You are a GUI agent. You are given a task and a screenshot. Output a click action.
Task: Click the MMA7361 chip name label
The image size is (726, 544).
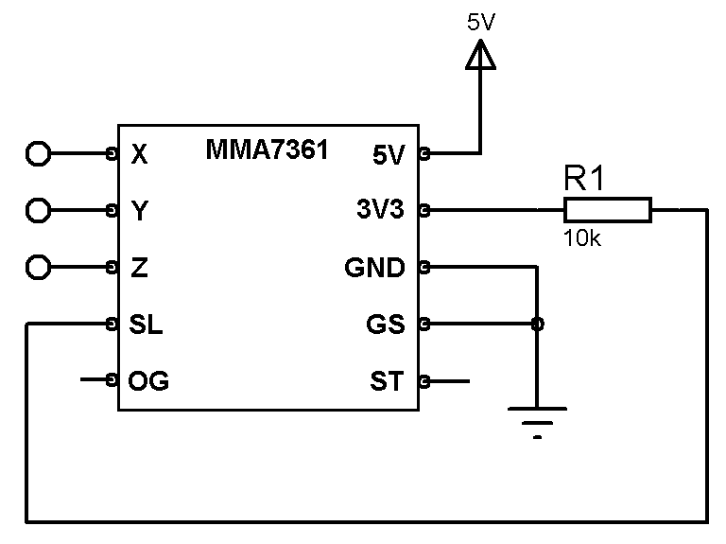pyautogui.click(x=267, y=149)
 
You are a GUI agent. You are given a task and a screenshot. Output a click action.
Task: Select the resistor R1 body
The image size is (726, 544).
pyautogui.click(x=608, y=210)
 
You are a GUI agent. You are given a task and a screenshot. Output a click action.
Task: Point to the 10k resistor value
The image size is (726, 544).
pyautogui.click(x=582, y=238)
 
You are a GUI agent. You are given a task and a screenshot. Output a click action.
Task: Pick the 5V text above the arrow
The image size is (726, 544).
pyautogui.click(x=481, y=22)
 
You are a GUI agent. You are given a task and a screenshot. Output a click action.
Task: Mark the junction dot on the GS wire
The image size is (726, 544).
pyautogui.click(x=537, y=325)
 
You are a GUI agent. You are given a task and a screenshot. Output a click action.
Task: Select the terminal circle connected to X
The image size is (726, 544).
pyautogui.click(x=38, y=152)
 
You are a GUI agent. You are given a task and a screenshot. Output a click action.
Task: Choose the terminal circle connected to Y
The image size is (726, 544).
pyautogui.click(x=38, y=210)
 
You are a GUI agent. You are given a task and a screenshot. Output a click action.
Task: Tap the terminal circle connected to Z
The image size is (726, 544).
pyautogui.click(x=38, y=268)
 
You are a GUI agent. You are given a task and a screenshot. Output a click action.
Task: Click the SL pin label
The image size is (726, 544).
pyautogui.click(x=146, y=325)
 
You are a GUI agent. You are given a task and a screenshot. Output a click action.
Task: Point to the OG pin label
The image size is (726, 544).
pyautogui.click(x=148, y=382)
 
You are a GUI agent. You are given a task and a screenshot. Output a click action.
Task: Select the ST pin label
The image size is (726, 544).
pyautogui.click(x=387, y=382)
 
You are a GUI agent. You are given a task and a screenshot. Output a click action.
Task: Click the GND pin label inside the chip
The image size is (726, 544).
pyautogui.click(x=374, y=269)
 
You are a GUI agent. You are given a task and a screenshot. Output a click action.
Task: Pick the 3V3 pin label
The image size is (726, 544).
pyautogui.click(x=380, y=210)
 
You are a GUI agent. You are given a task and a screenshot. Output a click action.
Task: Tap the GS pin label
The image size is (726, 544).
pyautogui.click(x=385, y=325)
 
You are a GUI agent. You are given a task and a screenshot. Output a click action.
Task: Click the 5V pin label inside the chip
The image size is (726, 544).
pyautogui.click(x=387, y=153)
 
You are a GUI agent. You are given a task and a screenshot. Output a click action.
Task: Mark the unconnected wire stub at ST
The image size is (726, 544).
pyautogui.click(x=448, y=382)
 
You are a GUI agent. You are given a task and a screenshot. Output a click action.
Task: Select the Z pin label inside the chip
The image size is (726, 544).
pyautogui.click(x=139, y=269)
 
